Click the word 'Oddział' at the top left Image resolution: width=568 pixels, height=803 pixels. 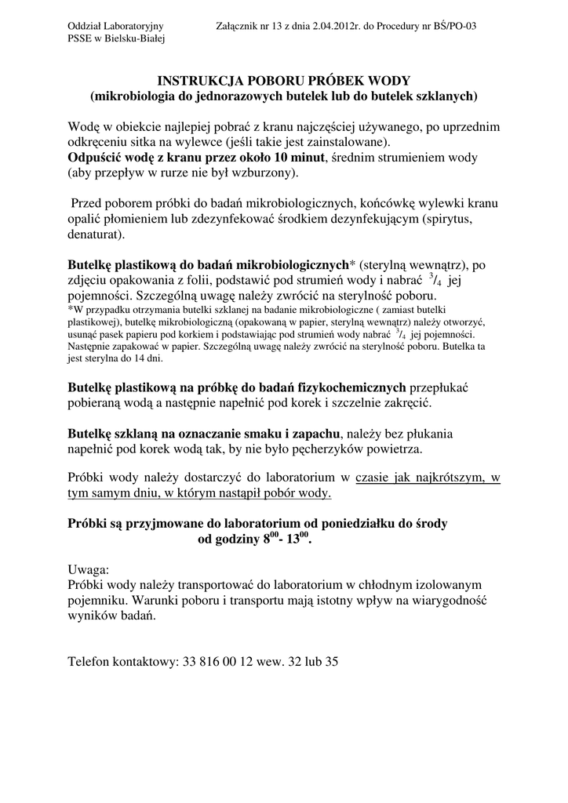click(86, 27)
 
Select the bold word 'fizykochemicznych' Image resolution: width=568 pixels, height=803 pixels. click(351, 387)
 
